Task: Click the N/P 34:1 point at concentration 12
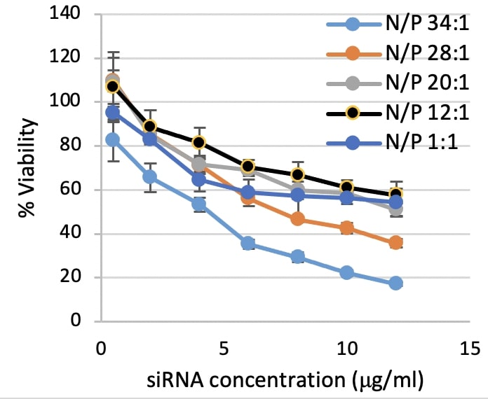tap(395, 283)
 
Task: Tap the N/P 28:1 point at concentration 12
tap(395, 242)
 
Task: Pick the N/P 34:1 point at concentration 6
tap(248, 243)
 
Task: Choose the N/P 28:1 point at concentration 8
tap(297, 218)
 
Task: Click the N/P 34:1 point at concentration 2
tap(149, 176)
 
